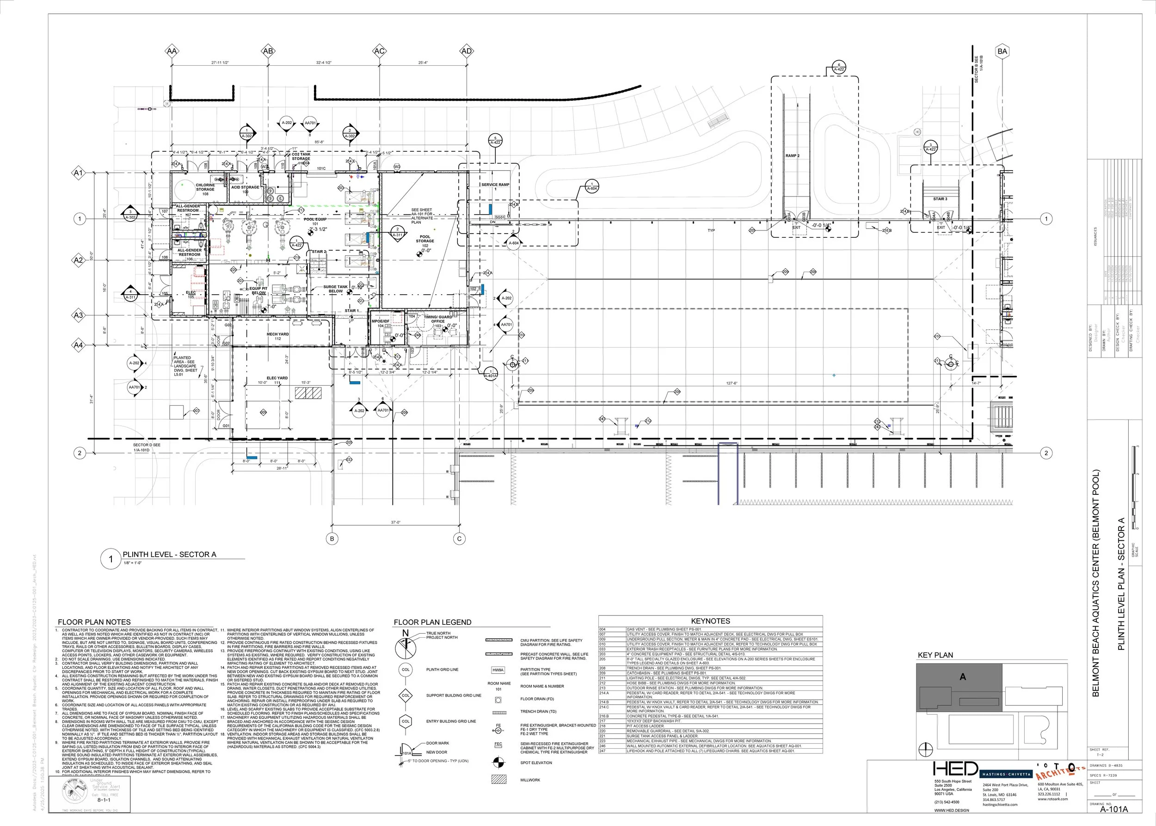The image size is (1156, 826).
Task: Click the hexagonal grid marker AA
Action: click(x=172, y=51)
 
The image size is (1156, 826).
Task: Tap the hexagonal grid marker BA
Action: click(x=1002, y=51)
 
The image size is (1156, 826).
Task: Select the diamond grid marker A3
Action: click(x=78, y=315)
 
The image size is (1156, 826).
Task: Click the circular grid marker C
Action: click(x=459, y=539)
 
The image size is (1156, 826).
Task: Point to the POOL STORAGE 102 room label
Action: click(x=424, y=241)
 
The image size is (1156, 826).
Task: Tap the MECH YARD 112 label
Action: click(x=278, y=336)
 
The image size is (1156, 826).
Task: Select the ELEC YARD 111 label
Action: click(x=277, y=381)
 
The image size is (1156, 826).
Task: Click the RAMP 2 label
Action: click(x=793, y=156)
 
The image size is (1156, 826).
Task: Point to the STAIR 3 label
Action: click(x=940, y=199)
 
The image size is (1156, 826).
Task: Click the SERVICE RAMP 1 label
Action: click(x=495, y=187)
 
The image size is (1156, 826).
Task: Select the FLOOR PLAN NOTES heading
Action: click(x=94, y=622)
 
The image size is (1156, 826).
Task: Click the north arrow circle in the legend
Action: click(x=406, y=647)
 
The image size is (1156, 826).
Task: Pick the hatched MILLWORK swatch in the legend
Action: click(x=498, y=779)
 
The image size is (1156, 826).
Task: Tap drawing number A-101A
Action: click(x=1114, y=810)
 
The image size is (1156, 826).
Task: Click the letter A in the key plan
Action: click(x=962, y=677)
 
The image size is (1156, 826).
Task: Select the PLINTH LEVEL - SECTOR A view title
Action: click(x=169, y=555)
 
